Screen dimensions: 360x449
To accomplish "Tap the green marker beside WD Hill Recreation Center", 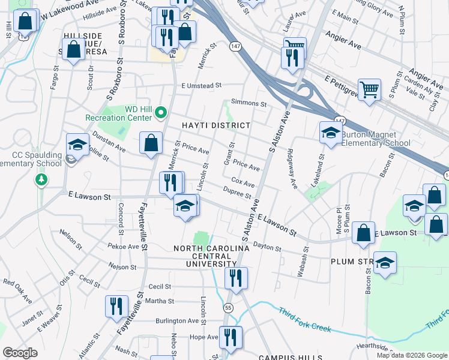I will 160,112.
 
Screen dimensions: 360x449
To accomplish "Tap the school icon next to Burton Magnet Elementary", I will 330,134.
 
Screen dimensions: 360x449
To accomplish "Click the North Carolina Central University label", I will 203,256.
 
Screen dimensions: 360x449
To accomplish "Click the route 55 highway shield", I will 228,307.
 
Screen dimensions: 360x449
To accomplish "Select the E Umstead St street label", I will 202,86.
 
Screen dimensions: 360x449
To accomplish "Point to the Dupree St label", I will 240,194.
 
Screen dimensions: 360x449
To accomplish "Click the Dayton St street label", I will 267,247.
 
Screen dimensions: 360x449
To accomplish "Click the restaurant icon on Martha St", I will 116,307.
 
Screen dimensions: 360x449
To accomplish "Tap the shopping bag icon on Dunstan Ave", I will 151,144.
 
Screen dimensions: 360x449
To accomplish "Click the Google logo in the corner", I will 20,353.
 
